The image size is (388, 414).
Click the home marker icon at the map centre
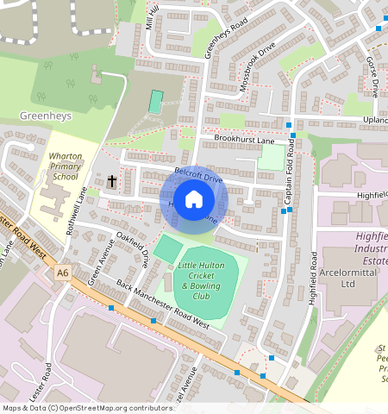[x=194, y=199]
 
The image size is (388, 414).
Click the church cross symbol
[x=112, y=181]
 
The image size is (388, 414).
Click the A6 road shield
[x=61, y=273]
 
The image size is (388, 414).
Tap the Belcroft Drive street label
[x=198, y=175]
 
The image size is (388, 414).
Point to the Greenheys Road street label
[x=215, y=38]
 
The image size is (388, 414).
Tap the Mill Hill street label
[x=153, y=16]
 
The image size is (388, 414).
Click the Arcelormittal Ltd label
[x=347, y=277]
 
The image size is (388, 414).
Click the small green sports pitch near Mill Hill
[x=155, y=102]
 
